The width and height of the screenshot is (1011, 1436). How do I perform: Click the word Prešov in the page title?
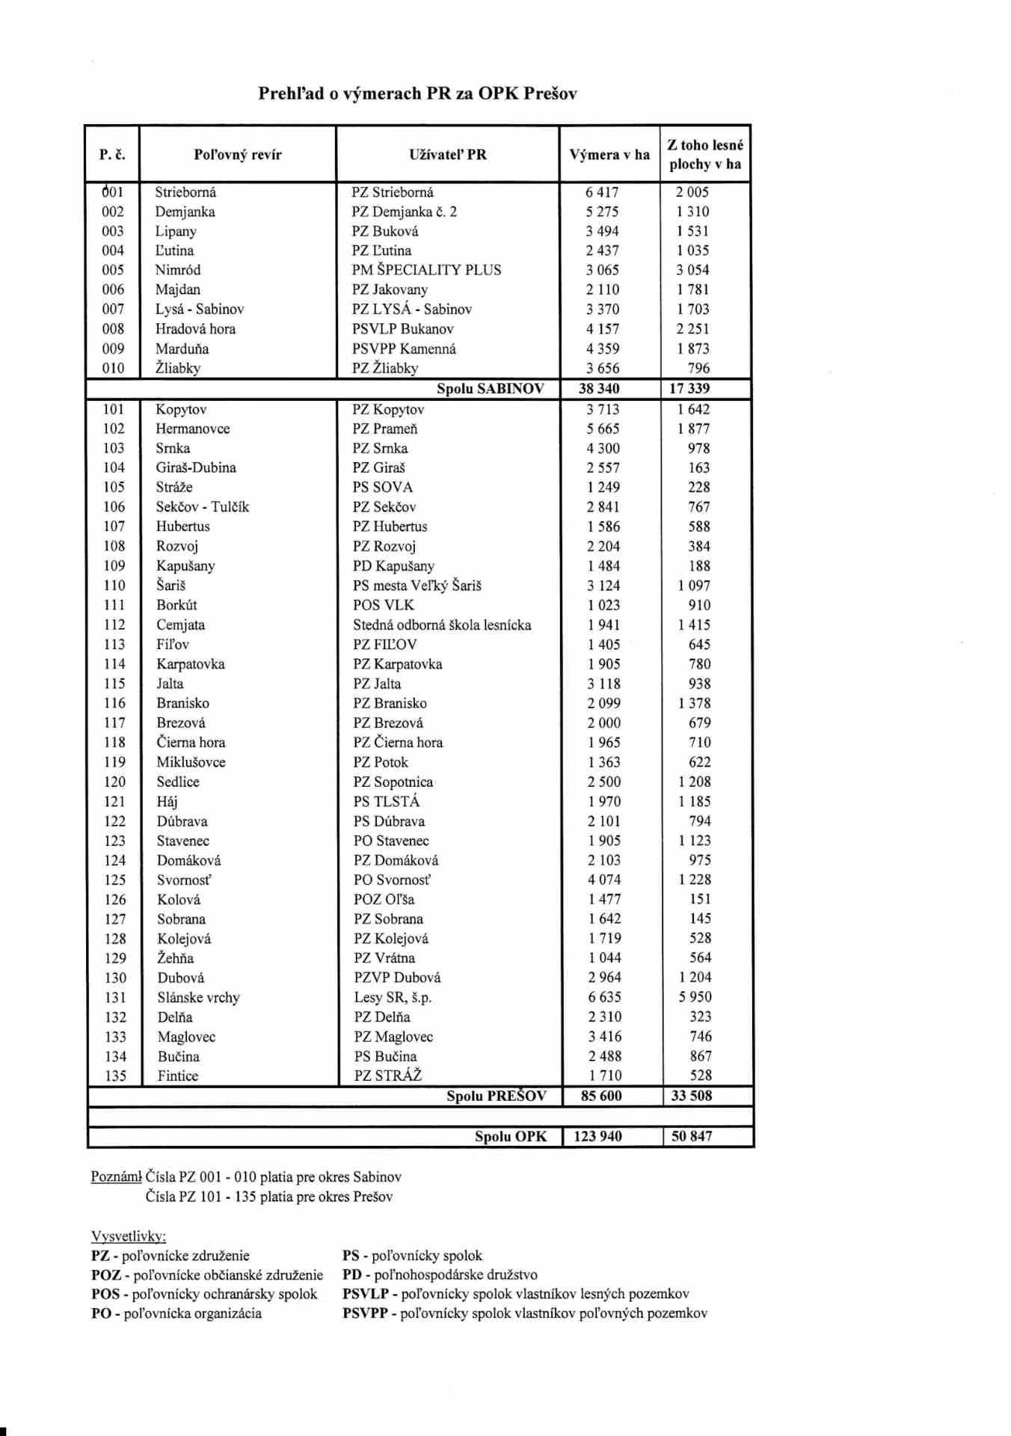pos(550,94)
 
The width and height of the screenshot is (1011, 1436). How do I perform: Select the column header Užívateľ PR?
pos(447,155)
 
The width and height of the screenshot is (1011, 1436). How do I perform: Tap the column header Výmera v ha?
pos(609,155)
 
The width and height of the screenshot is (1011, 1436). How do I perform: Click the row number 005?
pos(113,270)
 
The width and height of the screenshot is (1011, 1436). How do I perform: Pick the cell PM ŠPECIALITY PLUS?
pos(426,270)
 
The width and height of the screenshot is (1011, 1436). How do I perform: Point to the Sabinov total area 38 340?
pos(599,389)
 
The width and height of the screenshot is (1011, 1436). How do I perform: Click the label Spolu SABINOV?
pos(490,389)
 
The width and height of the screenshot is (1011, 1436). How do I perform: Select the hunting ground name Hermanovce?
pos(192,429)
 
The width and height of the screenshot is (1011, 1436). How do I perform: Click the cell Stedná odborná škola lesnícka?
pos(442,625)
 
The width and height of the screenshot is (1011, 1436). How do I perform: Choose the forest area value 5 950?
pos(695,997)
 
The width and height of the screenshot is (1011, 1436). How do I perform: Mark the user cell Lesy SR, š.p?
pos(393,997)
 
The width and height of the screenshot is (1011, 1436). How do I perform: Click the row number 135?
pos(115,1076)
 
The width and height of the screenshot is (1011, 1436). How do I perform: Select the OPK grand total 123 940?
pos(597,1136)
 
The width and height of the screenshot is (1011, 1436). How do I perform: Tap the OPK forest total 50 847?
pos(691,1136)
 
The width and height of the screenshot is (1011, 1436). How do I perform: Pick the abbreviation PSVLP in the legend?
pos(365,1294)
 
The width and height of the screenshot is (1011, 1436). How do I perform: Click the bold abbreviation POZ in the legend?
pos(105,1274)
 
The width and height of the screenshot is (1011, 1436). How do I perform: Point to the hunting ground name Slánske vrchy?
pos(198,997)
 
